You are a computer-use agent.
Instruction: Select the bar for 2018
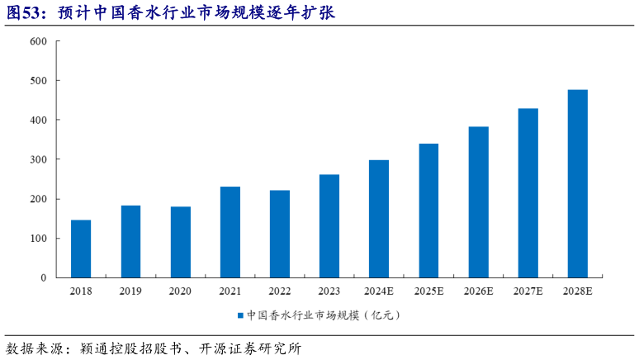click(x=81, y=249)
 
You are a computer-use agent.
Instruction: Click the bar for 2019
click(x=130, y=241)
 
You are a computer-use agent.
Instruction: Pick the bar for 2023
click(x=329, y=226)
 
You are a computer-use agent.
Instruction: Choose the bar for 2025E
click(x=428, y=211)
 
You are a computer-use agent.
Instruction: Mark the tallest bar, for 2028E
click(x=578, y=183)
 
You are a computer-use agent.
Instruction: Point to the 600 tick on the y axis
click(x=38, y=41)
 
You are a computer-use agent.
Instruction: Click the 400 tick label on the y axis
click(x=38, y=121)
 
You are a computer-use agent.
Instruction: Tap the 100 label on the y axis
click(x=38, y=239)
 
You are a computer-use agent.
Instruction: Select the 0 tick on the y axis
click(x=43, y=278)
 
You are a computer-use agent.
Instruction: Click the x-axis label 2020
click(x=180, y=291)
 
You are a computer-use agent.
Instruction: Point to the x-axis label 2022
click(x=280, y=291)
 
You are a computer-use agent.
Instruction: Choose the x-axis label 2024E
click(x=379, y=291)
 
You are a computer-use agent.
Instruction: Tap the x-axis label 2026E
click(x=478, y=291)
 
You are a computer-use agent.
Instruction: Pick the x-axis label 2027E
click(x=528, y=291)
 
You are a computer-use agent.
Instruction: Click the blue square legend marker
click(x=240, y=315)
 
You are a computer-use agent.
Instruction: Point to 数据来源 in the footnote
click(x=31, y=348)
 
